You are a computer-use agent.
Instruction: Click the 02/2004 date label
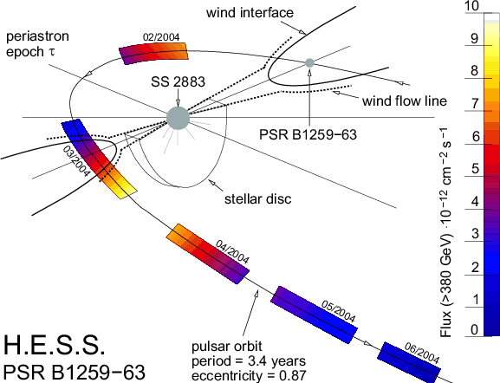click(161, 37)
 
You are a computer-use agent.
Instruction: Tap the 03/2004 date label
click(76, 161)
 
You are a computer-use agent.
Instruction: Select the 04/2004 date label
click(232, 252)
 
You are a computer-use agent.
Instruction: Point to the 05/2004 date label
click(338, 311)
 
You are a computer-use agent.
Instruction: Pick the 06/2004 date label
click(422, 353)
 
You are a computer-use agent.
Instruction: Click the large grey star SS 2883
click(178, 119)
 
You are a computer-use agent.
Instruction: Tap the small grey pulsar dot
click(309, 63)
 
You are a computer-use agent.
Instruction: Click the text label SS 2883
click(178, 82)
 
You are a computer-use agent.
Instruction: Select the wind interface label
click(250, 13)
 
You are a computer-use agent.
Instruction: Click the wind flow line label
click(405, 101)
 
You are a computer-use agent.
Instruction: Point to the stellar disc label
click(258, 198)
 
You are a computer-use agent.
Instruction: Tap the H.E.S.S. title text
click(55, 345)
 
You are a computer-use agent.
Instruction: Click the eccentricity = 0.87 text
click(249, 375)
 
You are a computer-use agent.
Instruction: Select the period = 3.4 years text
click(249, 361)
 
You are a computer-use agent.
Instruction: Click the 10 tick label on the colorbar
click(471, 6)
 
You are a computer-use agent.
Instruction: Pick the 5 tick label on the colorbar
click(476, 169)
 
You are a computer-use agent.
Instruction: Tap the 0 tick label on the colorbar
click(475, 330)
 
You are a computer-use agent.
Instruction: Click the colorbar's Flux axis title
click(445, 232)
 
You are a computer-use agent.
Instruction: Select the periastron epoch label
click(37, 44)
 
